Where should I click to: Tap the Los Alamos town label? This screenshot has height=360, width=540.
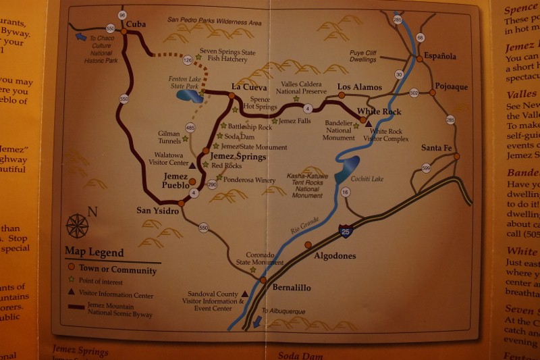[x=359, y=87]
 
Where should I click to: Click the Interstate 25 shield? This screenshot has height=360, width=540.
[x=346, y=232]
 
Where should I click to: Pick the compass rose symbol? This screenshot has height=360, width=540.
[x=77, y=226]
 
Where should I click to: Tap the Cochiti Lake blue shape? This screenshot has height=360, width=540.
[x=346, y=168]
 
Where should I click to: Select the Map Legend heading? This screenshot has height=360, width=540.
[x=94, y=253]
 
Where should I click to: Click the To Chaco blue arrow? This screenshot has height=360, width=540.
[x=81, y=36]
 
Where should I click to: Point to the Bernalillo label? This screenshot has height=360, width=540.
[x=292, y=288]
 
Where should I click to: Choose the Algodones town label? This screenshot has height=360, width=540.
[x=335, y=255]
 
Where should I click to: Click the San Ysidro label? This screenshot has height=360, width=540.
[x=158, y=211]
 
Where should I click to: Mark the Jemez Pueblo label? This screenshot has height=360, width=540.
[x=175, y=181]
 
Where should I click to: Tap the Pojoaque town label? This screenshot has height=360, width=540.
[x=452, y=87]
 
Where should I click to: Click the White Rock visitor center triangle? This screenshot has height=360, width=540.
[x=369, y=125]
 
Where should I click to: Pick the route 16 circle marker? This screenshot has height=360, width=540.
[x=346, y=192]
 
